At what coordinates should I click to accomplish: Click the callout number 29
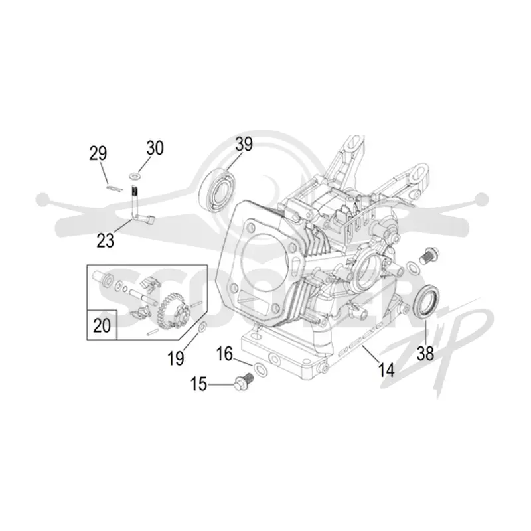coord(98,153)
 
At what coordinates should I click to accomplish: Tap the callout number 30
coord(155,148)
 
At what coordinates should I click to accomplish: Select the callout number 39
coord(244,144)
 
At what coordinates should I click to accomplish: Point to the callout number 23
coord(106,240)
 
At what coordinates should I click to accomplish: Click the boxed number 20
coord(102,325)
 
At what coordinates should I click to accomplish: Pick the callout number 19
coord(176,358)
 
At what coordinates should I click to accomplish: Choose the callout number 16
coord(224,354)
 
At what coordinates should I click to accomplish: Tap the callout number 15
coord(198,384)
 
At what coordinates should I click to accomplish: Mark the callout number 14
coord(386,370)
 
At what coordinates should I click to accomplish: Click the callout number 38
coord(425,354)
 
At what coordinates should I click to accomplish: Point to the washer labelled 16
coord(260,370)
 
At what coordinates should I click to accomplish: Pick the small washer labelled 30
coord(135,176)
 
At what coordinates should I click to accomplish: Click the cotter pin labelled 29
coord(114,189)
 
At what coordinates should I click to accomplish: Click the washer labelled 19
coord(203,327)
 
